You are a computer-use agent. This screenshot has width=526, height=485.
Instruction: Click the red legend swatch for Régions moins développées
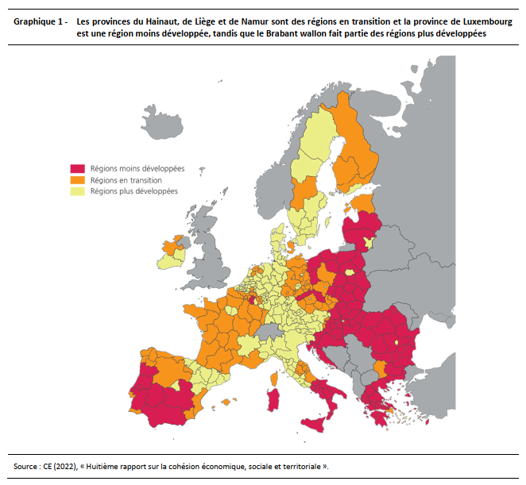click(x=78, y=169)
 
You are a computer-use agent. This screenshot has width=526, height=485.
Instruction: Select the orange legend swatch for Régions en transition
click(x=78, y=180)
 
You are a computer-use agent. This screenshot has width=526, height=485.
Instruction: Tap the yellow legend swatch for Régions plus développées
click(x=78, y=191)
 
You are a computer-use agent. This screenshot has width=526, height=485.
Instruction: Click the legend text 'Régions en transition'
click(x=126, y=180)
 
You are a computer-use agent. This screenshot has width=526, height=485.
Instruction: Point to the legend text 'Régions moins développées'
click(x=137, y=169)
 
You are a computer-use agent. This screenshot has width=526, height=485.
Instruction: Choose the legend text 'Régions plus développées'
click(x=133, y=191)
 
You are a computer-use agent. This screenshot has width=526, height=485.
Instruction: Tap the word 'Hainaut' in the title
click(x=162, y=22)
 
